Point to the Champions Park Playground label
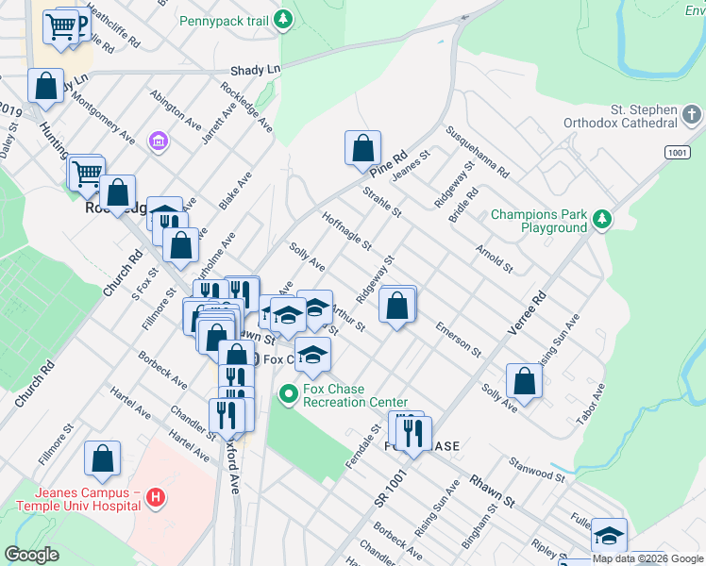pyautogui.click(x=539, y=221)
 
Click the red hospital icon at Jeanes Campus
pyautogui.click(x=157, y=498)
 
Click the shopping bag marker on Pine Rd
pyautogui.click(x=362, y=148)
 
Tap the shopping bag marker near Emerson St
pyautogui.click(x=398, y=305)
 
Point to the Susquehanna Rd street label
pyautogui.click(x=478, y=153)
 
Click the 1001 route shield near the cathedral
pyautogui.click(x=677, y=152)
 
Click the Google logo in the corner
pyautogui.click(x=30, y=555)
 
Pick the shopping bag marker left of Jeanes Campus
pyautogui.click(x=102, y=458)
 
